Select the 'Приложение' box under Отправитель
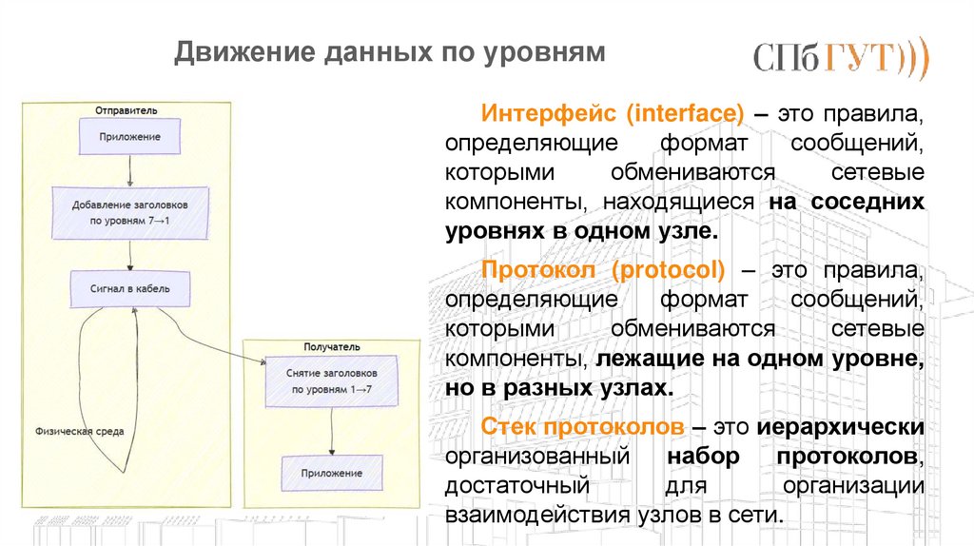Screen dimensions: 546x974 point(130,136)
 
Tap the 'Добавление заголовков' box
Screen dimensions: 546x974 point(130,212)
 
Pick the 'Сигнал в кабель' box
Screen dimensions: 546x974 point(130,288)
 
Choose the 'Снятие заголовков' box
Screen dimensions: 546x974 point(331,381)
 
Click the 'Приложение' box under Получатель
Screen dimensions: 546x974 point(331,472)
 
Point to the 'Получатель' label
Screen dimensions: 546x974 point(332,348)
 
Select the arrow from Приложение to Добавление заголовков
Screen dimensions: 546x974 point(129,171)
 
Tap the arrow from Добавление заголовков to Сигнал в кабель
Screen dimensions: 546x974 point(130,253)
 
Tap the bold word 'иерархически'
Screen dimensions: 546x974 point(842,425)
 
